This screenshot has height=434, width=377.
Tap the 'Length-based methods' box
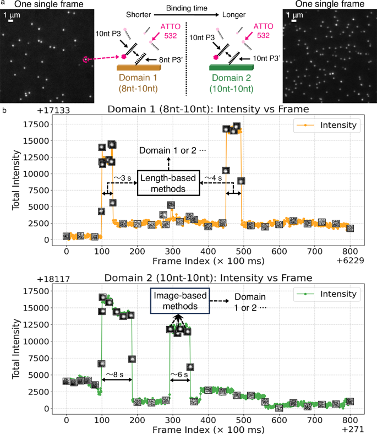click(169, 183)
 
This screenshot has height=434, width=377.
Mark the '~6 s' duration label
click(179, 374)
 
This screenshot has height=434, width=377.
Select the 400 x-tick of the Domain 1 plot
click(207, 251)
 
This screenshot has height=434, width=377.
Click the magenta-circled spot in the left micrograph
click(86, 59)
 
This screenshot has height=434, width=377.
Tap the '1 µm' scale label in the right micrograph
click(296, 14)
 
